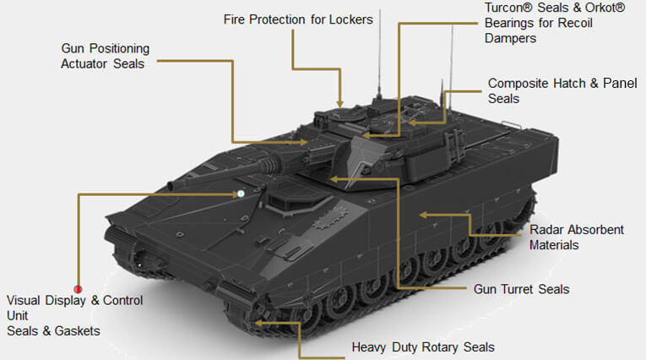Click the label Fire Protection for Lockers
click(x=298, y=19)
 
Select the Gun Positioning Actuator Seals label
click(x=105, y=56)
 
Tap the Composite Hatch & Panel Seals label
click(x=562, y=90)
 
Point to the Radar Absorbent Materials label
click(x=577, y=237)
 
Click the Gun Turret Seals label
click(x=521, y=289)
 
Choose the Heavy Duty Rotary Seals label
click(x=423, y=347)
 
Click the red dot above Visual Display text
click(x=78, y=289)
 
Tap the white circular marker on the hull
click(x=241, y=194)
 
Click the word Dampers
click(x=510, y=38)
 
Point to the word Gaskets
click(x=77, y=330)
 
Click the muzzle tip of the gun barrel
click(x=171, y=186)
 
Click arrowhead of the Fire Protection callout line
click(x=340, y=103)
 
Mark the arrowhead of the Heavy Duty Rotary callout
click(x=258, y=323)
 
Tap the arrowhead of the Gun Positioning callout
click(x=304, y=142)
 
